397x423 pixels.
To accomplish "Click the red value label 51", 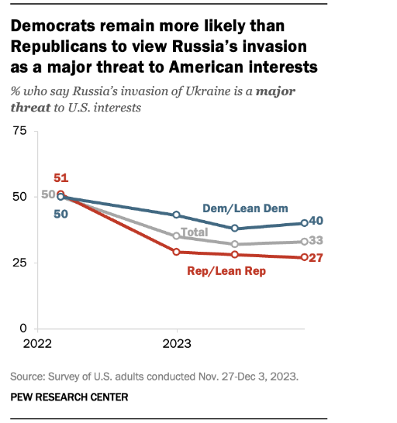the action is [61, 178].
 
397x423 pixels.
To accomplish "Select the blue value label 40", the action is [316, 221].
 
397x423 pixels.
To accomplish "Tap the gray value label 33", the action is [316, 240].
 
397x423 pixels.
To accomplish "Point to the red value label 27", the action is [316, 258].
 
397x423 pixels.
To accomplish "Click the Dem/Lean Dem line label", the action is [245, 208].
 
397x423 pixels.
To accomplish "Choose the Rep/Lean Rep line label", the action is [226, 271].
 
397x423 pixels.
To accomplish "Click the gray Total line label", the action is [195, 232].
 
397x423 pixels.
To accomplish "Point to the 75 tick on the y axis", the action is [19, 131].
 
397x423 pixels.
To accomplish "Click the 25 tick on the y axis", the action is [19, 263].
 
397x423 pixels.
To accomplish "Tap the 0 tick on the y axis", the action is [23, 328].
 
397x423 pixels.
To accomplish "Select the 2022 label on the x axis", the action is [37, 344].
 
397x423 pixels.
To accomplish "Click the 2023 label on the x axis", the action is [177, 344].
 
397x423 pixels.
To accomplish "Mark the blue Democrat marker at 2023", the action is [176, 215].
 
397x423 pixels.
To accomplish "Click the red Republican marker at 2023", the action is [176, 252].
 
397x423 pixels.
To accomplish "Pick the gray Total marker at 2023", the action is [176, 236].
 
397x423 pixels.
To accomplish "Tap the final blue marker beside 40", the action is [305, 223].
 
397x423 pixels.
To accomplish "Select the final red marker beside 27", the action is [305, 257].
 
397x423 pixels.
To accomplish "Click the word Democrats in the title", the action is [53, 26].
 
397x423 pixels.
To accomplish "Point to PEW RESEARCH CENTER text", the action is [69, 397].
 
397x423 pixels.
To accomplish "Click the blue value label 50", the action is [61, 214].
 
